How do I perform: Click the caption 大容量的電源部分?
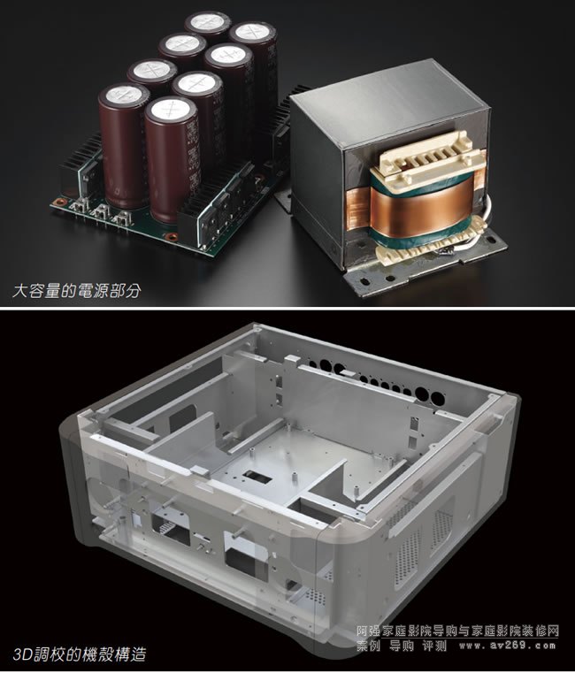[76, 292]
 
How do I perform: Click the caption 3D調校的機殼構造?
[80, 654]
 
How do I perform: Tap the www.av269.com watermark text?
[508, 646]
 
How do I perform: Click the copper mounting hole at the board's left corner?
[58, 202]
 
